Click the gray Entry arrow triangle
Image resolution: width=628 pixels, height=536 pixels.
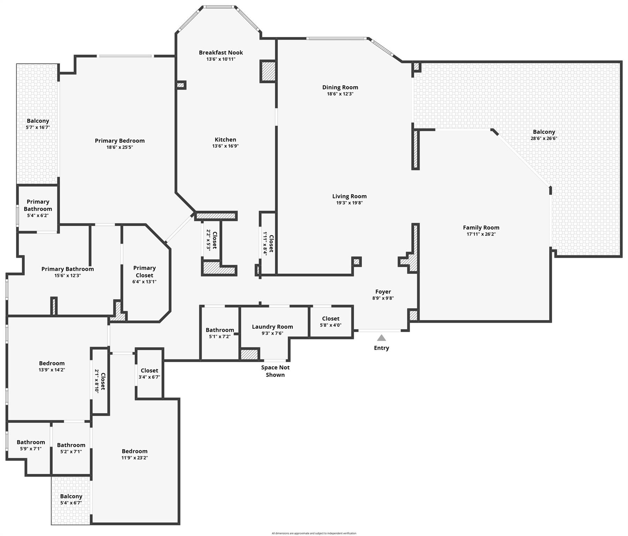point(381,338)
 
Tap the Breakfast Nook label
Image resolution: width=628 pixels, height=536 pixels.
point(221,52)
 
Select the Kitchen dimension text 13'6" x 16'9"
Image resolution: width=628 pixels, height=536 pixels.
point(225,146)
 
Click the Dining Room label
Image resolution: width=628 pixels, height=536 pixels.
point(340,87)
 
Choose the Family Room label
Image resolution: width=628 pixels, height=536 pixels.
point(481,228)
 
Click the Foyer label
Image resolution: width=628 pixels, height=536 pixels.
point(383,292)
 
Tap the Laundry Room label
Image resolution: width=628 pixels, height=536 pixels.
point(272,327)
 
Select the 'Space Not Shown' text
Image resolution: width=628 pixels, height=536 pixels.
point(275,371)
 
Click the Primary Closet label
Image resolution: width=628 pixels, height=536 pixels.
point(144,271)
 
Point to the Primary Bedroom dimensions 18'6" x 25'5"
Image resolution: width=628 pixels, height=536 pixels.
point(120,147)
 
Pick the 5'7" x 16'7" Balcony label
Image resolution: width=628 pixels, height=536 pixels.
point(38,121)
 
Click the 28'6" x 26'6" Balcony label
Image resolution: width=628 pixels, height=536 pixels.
point(544,132)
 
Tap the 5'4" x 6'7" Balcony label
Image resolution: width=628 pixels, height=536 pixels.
point(71,496)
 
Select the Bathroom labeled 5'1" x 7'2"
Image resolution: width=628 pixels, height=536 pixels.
point(220,330)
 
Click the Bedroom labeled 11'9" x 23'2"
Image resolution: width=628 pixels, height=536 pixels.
point(135,451)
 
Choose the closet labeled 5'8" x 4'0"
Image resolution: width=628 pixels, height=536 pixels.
point(331,319)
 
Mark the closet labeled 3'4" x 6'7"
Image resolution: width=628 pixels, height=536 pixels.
point(149,371)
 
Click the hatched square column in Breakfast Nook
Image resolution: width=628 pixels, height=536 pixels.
point(268,71)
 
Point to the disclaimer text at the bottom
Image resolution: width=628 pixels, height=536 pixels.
point(314,533)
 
